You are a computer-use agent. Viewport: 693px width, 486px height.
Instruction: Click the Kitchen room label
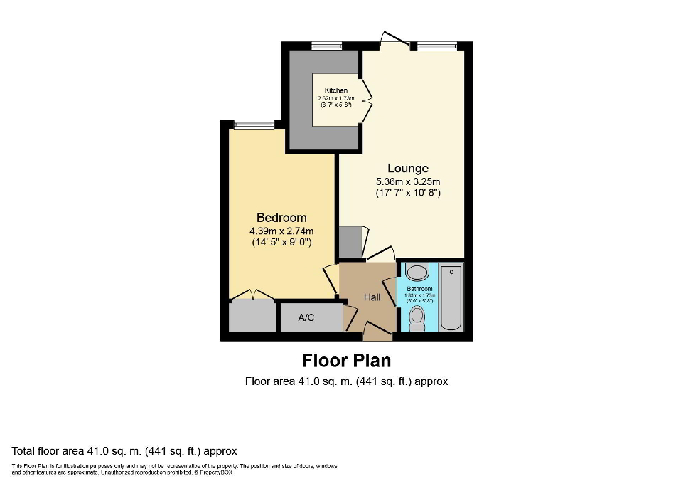point(336,90)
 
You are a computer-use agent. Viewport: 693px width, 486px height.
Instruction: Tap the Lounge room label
point(408,169)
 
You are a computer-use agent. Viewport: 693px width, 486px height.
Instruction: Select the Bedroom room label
point(281,218)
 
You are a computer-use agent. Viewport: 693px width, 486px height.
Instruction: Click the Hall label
point(372,297)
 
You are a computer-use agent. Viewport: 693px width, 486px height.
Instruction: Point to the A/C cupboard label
point(306,317)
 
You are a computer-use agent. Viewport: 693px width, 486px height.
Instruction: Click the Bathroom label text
point(419,290)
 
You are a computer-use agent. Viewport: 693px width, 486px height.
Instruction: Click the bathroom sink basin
point(417,273)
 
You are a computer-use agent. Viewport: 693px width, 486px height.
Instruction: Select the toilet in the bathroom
point(417,317)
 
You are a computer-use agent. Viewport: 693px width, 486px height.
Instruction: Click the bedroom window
point(254,125)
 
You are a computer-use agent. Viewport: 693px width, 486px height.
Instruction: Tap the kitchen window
point(326,46)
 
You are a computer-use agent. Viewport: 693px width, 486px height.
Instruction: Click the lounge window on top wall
point(437,46)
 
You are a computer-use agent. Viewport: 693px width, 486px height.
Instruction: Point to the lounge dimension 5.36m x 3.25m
point(408,181)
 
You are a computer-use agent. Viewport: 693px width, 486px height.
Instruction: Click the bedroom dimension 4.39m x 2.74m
point(281,231)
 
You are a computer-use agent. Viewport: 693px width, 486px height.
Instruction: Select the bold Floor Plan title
point(347,360)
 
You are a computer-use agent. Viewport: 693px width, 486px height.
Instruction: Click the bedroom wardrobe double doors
point(252,293)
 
